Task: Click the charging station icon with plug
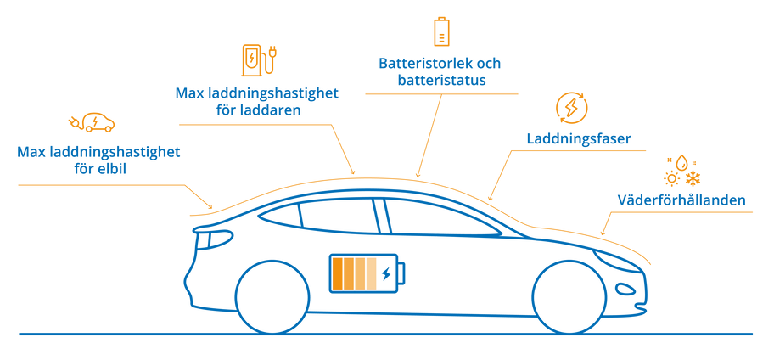[x=259, y=60]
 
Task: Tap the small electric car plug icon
[x=92, y=122]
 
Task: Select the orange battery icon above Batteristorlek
[x=440, y=31]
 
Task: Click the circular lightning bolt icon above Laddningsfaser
[x=572, y=108]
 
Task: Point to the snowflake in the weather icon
[x=693, y=178]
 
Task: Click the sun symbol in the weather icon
[x=672, y=178]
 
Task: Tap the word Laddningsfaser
[x=579, y=138]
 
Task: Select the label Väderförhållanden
[x=681, y=200]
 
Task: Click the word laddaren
[x=271, y=110]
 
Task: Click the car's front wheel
[x=569, y=297]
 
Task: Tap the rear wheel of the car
[x=272, y=297]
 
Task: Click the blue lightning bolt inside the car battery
[x=386, y=273]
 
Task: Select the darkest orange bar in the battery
[x=338, y=273]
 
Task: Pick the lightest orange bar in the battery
[x=371, y=273]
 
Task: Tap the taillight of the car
[x=205, y=240]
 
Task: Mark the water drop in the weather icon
[x=682, y=162]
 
